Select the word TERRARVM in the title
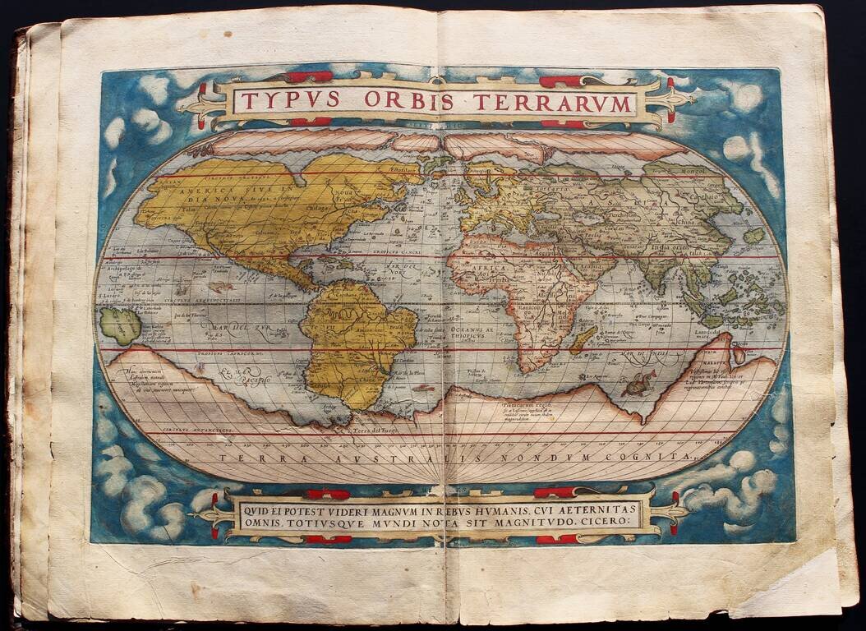pos(564,103)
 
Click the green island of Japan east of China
pos(754,235)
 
